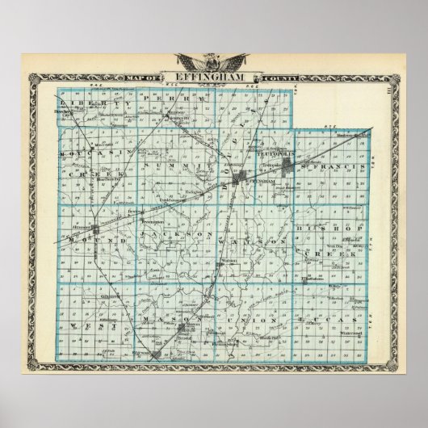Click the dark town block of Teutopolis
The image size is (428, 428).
[287, 166]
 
